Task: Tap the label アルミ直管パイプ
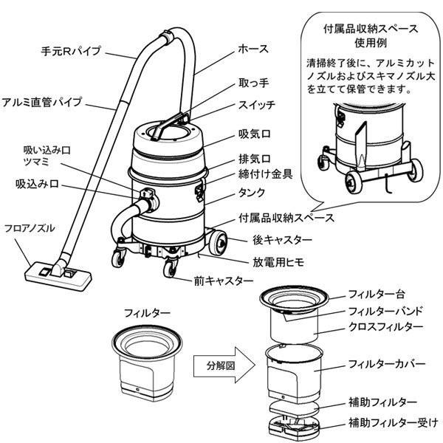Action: click(x=42, y=101)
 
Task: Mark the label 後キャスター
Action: click(x=262, y=240)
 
